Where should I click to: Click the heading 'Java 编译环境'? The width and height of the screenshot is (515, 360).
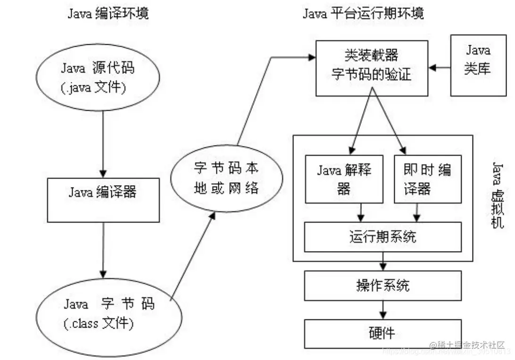(108, 13)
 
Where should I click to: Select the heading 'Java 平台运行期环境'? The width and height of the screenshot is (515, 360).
(363, 13)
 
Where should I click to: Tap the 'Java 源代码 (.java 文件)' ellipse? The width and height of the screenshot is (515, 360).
(98, 78)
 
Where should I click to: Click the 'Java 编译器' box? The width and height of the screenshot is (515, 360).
(103, 192)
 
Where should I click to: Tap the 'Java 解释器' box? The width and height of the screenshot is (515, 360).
(344, 179)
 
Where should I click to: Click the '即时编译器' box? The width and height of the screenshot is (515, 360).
(427, 179)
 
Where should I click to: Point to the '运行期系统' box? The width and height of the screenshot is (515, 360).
(382, 237)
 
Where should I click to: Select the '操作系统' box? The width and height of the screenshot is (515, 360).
(382, 286)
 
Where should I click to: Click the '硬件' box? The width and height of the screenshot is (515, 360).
(382, 334)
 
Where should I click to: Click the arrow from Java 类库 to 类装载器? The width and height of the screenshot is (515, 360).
(440, 68)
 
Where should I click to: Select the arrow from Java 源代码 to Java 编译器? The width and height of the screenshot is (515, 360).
(103, 141)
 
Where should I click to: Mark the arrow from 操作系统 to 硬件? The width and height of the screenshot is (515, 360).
(384, 310)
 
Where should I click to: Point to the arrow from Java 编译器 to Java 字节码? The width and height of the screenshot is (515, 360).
(103, 250)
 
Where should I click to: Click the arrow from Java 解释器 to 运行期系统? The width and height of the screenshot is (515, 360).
(361, 212)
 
